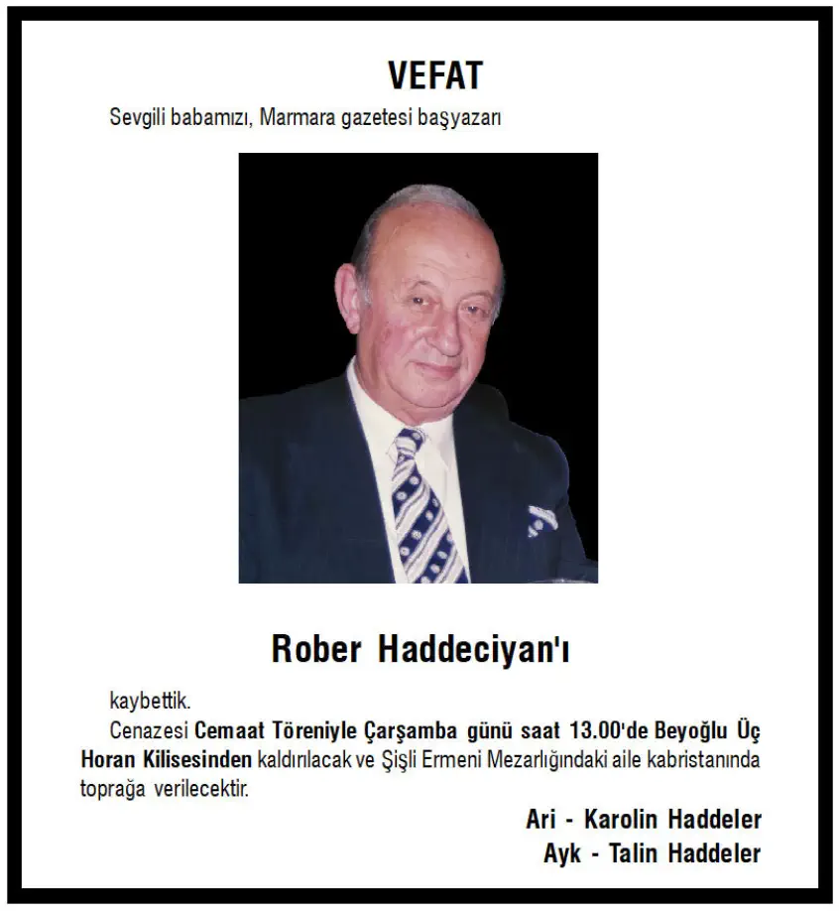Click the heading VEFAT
coord(434,75)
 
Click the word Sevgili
coord(135,118)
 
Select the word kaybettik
coord(149,704)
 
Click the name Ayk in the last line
coord(562,852)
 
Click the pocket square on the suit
coord(541,518)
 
